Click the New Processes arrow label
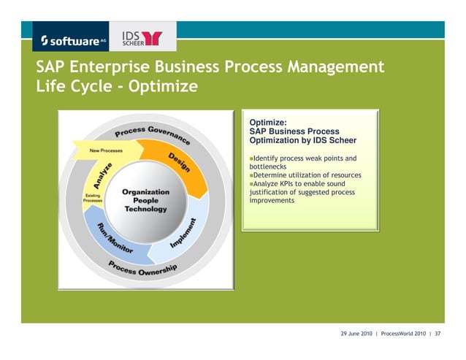[x=106, y=150]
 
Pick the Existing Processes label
[x=93, y=198]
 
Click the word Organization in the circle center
[x=145, y=192]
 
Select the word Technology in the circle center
[x=145, y=210]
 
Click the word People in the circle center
[x=145, y=201]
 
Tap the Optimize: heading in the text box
[x=268, y=122]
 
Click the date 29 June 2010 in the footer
[x=356, y=334]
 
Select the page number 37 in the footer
[x=438, y=334]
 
